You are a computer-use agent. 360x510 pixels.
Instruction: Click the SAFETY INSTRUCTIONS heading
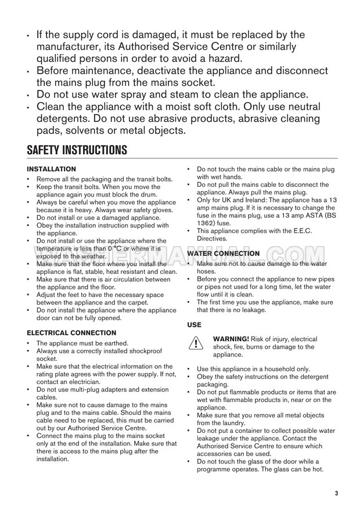coord(77,150)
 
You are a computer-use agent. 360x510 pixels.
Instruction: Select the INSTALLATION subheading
coord(52,169)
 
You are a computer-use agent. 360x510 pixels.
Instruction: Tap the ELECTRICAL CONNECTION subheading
coord(72,333)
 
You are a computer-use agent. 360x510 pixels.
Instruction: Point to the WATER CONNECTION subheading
coord(224,254)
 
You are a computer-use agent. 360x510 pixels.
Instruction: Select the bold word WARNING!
coord(231,339)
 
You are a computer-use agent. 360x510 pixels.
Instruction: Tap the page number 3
coord(336,494)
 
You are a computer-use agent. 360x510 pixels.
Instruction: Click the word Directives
coord(213,238)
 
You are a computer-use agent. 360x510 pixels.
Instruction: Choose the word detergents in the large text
coord(63,118)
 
